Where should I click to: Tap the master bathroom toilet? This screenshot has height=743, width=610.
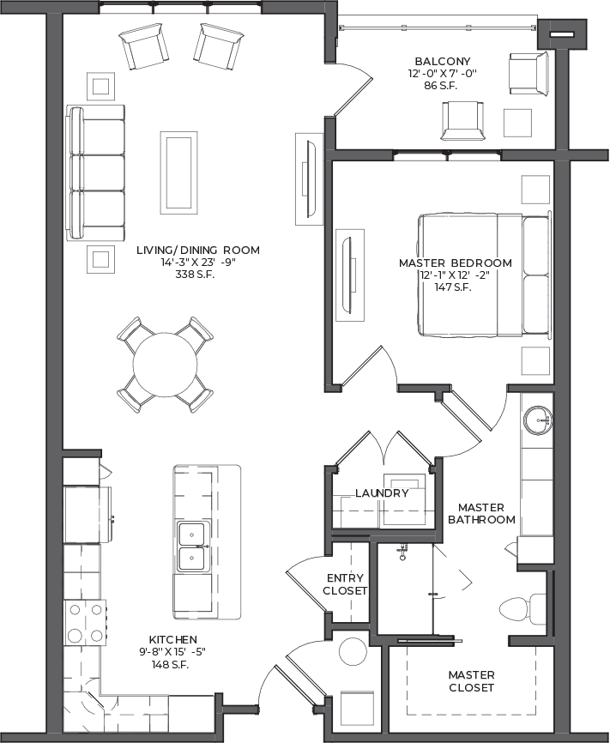pos(522,609)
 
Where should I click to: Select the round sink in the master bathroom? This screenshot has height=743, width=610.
pos(538,420)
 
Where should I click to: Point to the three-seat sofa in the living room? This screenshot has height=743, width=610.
pos(95,172)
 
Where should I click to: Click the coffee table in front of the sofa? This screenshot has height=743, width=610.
pos(178,172)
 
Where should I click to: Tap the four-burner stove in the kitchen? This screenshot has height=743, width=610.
pos(85,623)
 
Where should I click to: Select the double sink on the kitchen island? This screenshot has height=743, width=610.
pos(192,547)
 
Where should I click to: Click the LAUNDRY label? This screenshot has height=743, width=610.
pos(382,493)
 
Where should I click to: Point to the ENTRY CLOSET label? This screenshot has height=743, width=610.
pos(345,584)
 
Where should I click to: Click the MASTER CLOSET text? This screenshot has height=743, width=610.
pos(471,681)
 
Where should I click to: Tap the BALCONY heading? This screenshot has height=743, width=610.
pos(442,61)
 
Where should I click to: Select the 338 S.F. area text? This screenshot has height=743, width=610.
pos(195,275)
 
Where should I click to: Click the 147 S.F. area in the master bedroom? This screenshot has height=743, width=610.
pos(453,287)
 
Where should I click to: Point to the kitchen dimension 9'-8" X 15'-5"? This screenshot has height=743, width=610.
pos(172,651)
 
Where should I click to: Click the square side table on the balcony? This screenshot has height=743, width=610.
pos(517,123)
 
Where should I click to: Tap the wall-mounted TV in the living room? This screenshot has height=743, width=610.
pos(310,178)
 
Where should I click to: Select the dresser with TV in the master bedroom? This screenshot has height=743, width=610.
pos(350,275)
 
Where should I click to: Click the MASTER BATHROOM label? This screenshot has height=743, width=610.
pos(481,513)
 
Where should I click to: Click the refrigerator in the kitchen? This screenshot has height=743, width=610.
pos(88,515)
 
